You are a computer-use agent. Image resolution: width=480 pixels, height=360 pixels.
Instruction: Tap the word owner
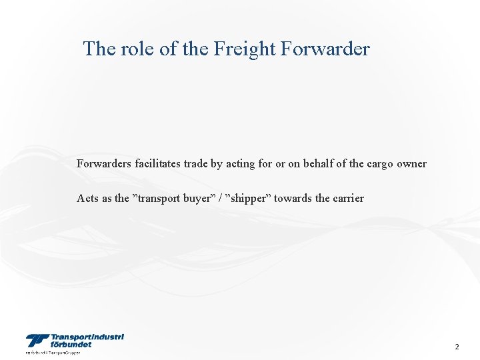pyautogui.click(x=412, y=164)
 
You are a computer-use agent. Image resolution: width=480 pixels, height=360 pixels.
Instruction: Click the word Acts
pyautogui.click(x=87, y=198)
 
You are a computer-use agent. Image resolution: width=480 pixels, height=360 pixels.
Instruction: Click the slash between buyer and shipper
pyautogui.click(x=220, y=198)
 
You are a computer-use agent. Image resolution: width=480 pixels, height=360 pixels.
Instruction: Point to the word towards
pyautogui.click(x=295, y=198)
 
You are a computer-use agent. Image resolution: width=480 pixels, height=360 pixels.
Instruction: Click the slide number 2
pyautogui.click(x=457, y=347)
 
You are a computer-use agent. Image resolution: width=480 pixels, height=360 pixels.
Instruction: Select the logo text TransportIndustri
pyautogui.click(x=87, y=337)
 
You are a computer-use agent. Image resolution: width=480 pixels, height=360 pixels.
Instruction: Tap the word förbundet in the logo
pyautogui.click(x=73, y=345)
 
